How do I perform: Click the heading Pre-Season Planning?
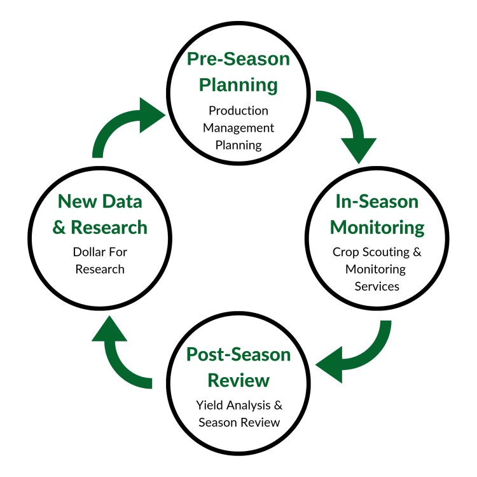238,72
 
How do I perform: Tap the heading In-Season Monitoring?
377,214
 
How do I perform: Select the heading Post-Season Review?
238,367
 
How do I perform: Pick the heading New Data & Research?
100,214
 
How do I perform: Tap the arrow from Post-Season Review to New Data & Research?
124,356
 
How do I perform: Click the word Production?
238,111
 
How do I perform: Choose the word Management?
238,128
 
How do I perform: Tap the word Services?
377,286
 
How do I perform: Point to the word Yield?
210,404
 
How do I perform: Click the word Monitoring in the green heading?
377,227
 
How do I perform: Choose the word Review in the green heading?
238,380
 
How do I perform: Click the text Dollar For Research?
100,260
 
